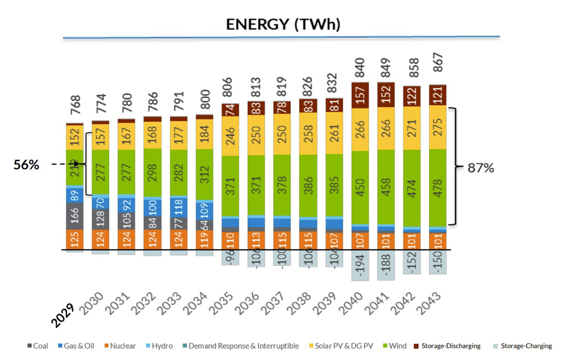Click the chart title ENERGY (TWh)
[x=283, y=24]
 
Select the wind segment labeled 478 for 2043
[x=438, y=188]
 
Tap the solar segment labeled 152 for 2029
[x=75, y=137]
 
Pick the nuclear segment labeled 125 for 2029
[x=75, y=239]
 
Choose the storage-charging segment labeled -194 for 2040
[x=361, y=265]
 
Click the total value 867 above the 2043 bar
[x=438, y=67]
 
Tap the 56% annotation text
[x=26, y=165]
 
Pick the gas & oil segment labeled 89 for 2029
[x=75, y=195]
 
